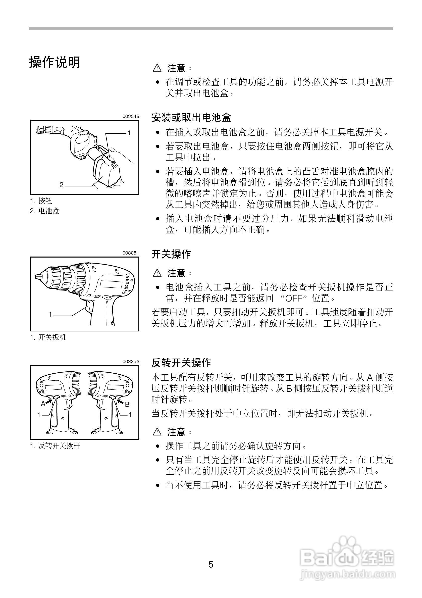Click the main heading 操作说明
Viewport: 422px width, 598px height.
coord(55,63)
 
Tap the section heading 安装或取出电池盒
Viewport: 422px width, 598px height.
coord(191,118)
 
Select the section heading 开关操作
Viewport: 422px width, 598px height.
coord(171,254)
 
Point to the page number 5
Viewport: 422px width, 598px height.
coord(210,565)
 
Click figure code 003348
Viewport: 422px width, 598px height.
coord(131,116)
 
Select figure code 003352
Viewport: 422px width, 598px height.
coord(131,362)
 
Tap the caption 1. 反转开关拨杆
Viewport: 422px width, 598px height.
coord(55,446)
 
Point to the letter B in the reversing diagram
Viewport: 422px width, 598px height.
coord(127,405)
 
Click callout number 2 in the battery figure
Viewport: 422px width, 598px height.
coord(61,185)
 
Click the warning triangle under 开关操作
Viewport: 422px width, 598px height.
coord(157,273)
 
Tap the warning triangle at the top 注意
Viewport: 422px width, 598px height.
coord(157,68)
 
